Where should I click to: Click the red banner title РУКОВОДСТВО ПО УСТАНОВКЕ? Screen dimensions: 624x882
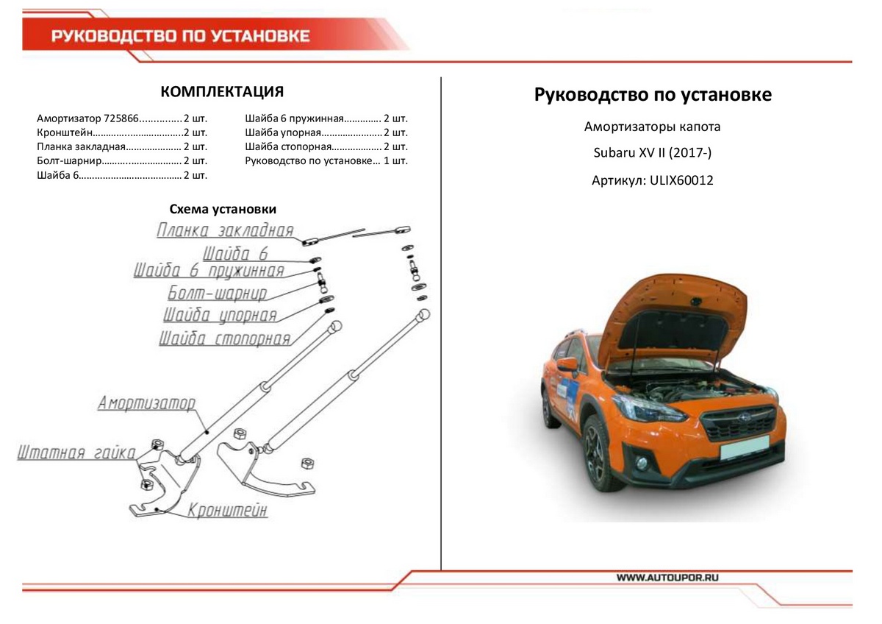coord(180,37)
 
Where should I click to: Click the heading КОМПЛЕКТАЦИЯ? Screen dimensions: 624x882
coord(222,92)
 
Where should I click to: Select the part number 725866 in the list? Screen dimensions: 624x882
coord(121,118)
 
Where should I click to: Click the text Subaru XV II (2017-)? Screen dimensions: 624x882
coord(652,153)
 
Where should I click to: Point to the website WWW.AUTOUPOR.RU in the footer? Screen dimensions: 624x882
coord(667,578)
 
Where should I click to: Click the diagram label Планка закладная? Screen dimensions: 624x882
coord(225,231)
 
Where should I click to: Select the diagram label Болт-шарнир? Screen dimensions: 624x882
coord(217,293)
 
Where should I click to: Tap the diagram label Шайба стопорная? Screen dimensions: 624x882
coord(224,339)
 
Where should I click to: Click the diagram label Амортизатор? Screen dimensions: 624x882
coord(147,403)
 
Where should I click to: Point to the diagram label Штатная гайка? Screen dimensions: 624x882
coord(76,453)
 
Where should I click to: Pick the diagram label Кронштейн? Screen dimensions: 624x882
coord(227,510)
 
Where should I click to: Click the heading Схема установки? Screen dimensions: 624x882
coord(223,210)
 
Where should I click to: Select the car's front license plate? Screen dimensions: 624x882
coord(744,450)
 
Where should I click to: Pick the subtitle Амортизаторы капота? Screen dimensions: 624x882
coord(652,127)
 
